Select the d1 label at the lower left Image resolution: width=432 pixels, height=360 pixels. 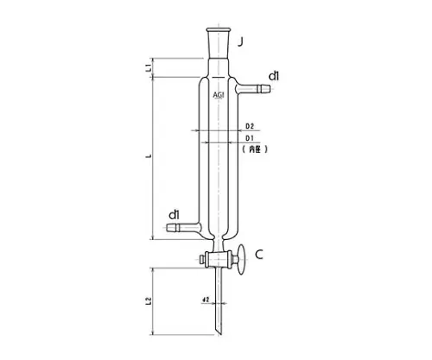click(x=174, y=213)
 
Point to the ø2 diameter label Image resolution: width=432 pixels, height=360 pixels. click(x=206, y=300)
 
